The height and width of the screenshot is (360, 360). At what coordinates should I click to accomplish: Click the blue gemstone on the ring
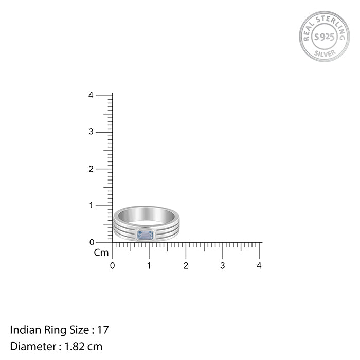point(146,235)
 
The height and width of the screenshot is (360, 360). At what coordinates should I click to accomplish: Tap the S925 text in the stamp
point(324,37)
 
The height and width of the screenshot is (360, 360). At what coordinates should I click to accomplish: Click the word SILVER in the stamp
point(325,53)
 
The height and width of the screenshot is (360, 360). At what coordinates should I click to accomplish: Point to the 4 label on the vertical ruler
point(91,95)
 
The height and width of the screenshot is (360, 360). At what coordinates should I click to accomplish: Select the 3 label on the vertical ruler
point(91,132)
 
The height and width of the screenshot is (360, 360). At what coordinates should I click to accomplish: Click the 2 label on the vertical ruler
point(91,169)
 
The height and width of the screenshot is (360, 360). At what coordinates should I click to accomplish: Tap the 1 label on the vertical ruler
point(91,205)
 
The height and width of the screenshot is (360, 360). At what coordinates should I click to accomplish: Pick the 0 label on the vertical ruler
point(92,242)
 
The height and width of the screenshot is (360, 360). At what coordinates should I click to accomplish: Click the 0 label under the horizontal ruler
point(112,266)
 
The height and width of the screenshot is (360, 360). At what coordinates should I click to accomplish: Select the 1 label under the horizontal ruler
point(149,266)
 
